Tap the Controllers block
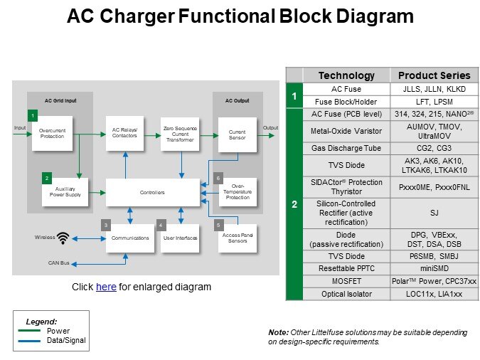click(153, 192)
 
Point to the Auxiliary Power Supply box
click(64, 192)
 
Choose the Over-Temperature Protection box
click(237, 192)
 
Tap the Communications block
click(129, 238)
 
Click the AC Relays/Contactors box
click(124, 132)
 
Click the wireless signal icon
click(63, 238)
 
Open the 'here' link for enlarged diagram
click(105, 287)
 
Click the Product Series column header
click(434, 75)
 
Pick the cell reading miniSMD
click(434, 268)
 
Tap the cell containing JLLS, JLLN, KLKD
click(434, 89)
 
